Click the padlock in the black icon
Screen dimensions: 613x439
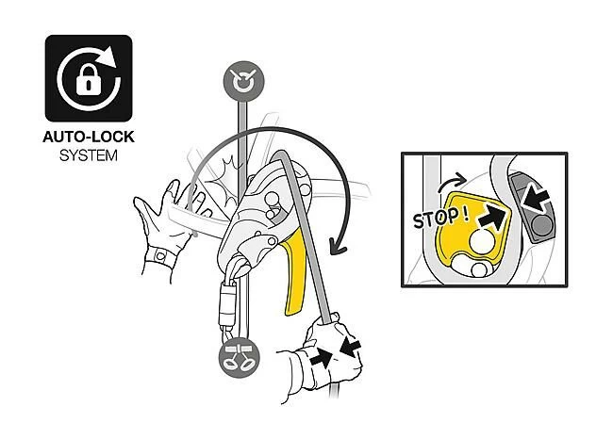click(x=89, y=79)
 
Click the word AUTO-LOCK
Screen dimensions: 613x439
click(x=89, y=138)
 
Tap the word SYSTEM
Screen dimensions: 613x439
click(x=89, y=155)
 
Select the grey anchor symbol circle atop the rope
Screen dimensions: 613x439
click(x=243, y=81)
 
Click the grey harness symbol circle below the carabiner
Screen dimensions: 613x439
click(x=239, y=358)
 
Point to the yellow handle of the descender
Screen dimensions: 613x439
click(x=295, y=272)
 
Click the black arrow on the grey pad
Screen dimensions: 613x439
click(x=536, y=199)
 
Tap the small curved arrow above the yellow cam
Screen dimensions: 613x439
click(x=452, y=183)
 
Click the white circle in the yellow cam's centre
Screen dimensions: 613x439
click(x=483, y=241)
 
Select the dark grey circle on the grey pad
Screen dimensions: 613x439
click(x=542, y=225)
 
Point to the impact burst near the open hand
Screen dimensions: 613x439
click(x=222, y=178)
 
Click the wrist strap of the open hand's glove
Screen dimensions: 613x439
click(x=161, y=256)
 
